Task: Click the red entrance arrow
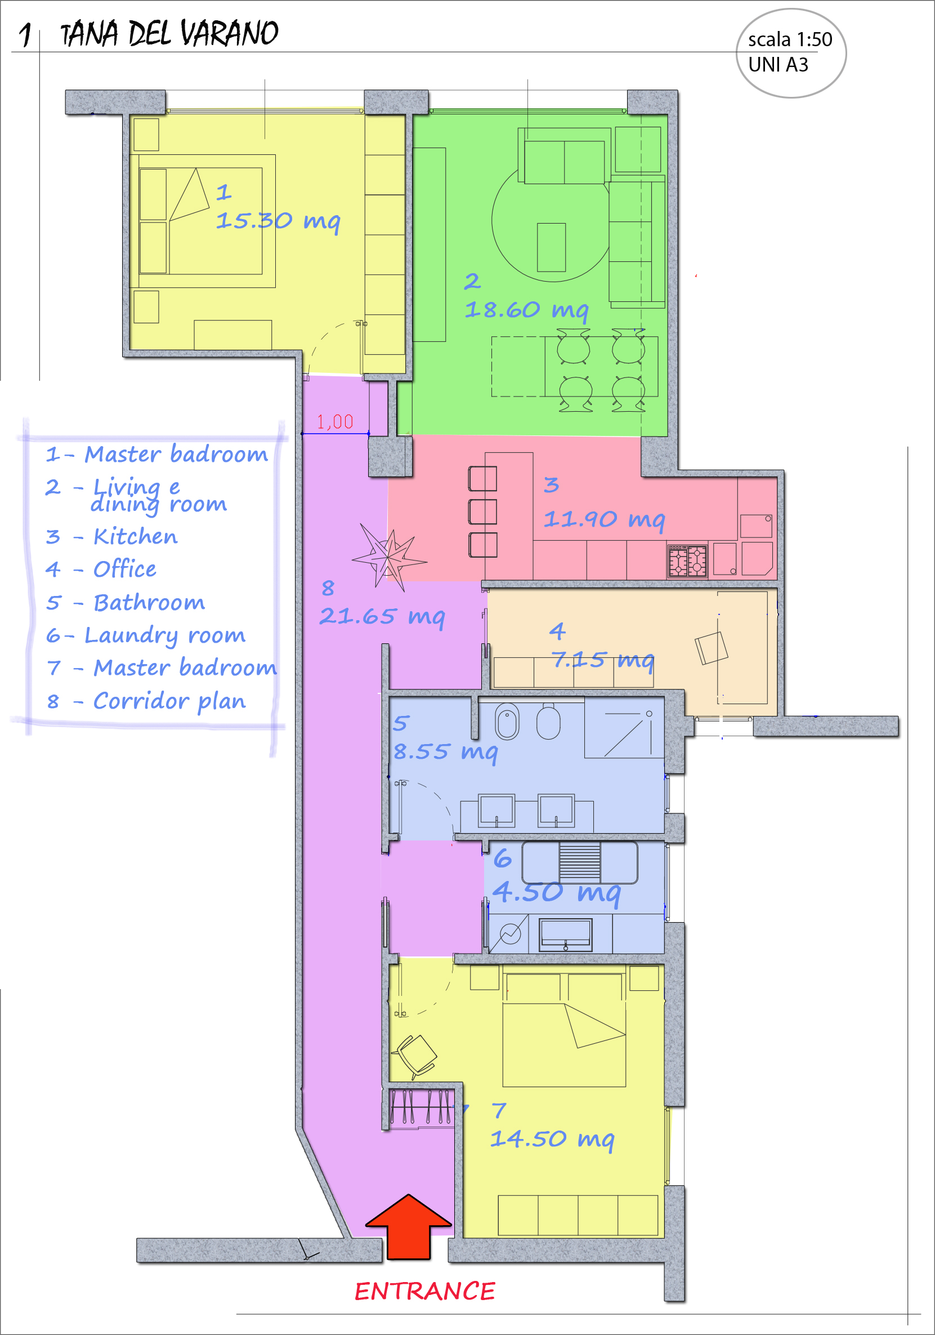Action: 409,1227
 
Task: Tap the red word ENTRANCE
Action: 425,1292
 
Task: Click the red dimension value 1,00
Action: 335,421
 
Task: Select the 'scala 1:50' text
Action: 790,39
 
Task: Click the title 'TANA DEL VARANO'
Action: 169,33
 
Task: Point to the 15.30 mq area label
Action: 278,221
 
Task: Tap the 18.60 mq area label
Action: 526,310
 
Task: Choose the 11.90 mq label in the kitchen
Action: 605,519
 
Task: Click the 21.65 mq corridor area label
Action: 382,616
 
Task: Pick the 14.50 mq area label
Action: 552,1139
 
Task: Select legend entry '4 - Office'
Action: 101,569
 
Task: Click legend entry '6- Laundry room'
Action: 146,635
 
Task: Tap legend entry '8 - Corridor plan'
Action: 146,701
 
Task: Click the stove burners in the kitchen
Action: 687,560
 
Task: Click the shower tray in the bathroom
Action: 624,729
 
